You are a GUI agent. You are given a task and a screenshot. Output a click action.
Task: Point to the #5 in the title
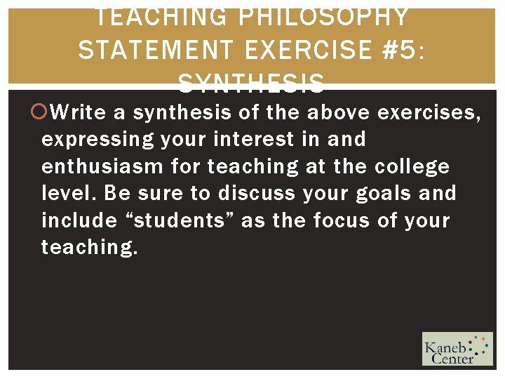tap(403, 50)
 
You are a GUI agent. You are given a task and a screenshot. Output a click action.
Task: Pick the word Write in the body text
tap(78, 112)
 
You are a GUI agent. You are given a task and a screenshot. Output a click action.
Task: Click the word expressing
tap(97, 139)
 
